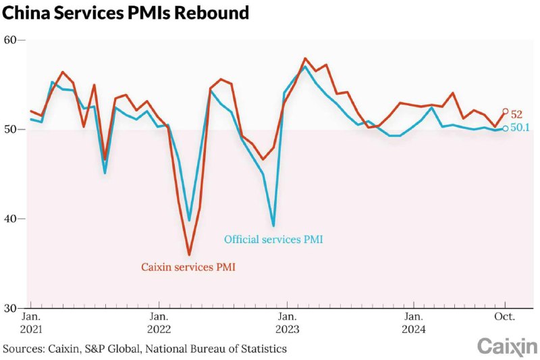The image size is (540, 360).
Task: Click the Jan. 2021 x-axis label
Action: [31, 323]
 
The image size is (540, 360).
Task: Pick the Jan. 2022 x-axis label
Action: [159, 323]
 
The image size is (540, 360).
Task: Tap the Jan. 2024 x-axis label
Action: [414, 323]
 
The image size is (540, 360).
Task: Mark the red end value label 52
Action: [516, 115]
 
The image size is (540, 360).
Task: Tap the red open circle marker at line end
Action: [506, 111]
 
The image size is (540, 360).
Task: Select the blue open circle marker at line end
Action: [506, 128]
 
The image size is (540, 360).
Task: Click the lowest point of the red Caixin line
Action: [189, 255]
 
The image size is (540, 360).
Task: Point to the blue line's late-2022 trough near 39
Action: [273, 226]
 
